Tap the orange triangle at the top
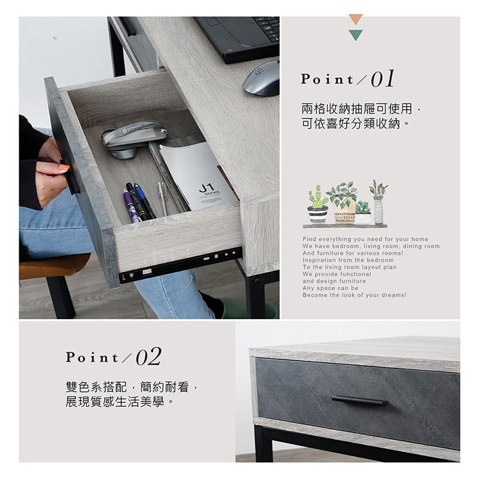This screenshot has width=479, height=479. tap(356, 19)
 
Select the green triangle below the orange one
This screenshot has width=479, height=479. tap(356, 35)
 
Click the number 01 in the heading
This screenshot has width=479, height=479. tap(383, 79)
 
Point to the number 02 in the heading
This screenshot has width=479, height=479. tap(148, 356)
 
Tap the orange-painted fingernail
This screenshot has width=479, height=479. tap(64, 167)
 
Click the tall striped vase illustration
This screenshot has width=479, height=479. tap(378, 202)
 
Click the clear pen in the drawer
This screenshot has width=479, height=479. tap(162, 199)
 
